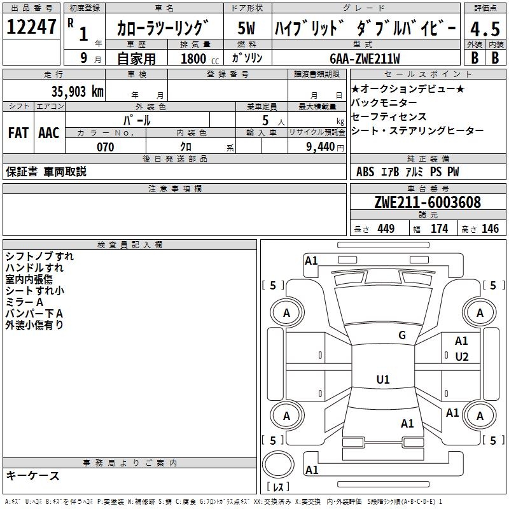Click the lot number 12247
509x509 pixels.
[31, 28]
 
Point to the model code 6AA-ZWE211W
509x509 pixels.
[365, 59]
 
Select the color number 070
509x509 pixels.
[105, 147]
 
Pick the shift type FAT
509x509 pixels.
[18, 133]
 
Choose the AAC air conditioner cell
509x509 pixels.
[49, 133]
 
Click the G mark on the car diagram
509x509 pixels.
[402, 335]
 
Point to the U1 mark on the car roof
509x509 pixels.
[383, 380]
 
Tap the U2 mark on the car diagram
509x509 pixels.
[462, 357]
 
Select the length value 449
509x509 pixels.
[386, 229]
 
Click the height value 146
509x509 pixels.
[490, 229]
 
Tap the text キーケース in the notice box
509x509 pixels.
[32, 476]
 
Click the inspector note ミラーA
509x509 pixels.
[24, 302]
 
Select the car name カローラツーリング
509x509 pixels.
[163, 29]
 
